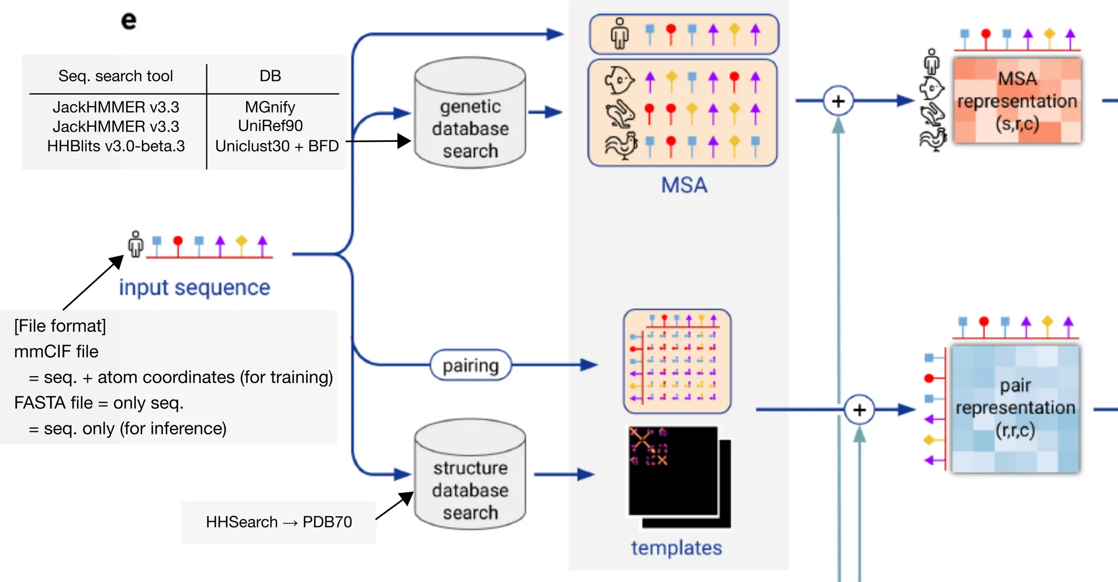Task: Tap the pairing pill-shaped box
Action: (x=471, y=365)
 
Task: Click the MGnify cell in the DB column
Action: (x=270, y=107)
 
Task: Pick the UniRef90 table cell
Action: (x=270, y=126)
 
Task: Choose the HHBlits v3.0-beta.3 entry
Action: (x=116, y=146)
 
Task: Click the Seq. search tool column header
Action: (x=116, y=76)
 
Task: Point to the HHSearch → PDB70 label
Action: (x=278, y=522)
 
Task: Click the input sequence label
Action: (x=194, y=288)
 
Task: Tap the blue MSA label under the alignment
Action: (x=684, y=185)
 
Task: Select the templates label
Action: (x=676, y=548)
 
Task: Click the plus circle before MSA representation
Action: (x=838, y=101)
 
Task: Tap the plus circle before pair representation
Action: (x=859, y=409)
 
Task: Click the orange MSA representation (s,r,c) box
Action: (x=1017, y=101)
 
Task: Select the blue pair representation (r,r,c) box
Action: (x=1015, y=408)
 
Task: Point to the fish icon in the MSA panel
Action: (x=619, y=81)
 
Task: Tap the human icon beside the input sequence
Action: (x=135, y=244)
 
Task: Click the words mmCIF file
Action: (x=56, y=352)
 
